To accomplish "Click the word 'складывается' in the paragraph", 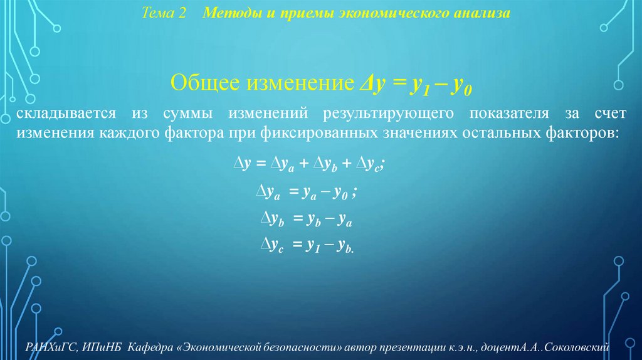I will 68,114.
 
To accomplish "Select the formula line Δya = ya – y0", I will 307,193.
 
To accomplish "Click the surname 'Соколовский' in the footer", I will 586,347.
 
